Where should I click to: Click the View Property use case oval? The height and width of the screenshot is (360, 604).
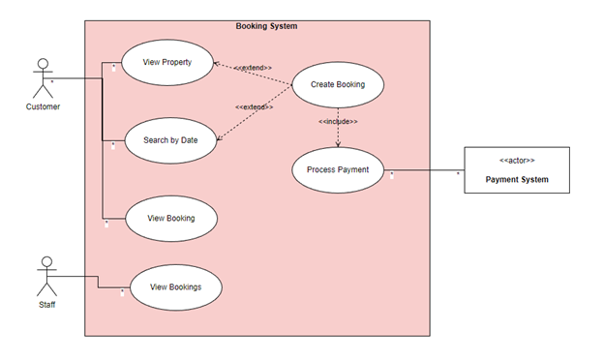click(166, 62)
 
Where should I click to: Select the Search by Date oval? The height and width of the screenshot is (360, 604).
click(170, 139)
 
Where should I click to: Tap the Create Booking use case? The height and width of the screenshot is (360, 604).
click(337, 84)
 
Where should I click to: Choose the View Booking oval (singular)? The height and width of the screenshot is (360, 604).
click(170, 218)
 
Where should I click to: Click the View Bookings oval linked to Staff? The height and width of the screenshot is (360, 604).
click(174, 287)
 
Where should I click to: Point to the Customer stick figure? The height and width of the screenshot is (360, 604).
click(42, 77)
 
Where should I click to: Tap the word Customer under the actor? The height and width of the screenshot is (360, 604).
click(43, 107)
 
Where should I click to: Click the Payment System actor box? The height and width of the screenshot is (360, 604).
click(516, 170)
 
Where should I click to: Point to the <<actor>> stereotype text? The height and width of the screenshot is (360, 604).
click(517, 160)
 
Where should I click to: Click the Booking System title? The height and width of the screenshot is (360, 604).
click(266, 26)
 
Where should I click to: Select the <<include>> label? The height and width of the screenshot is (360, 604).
click(338, 122)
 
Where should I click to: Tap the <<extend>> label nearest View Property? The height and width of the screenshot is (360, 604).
click(253, 68)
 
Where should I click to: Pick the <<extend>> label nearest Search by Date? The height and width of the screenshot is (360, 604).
click(254, 106)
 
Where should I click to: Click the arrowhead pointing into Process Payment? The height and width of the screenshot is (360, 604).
click(338, 145)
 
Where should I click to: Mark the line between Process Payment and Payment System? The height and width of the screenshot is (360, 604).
click(426, 170)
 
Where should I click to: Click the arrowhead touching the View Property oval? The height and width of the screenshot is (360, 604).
click(217, 65)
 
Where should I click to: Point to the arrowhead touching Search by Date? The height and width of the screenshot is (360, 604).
click(220, 136)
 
